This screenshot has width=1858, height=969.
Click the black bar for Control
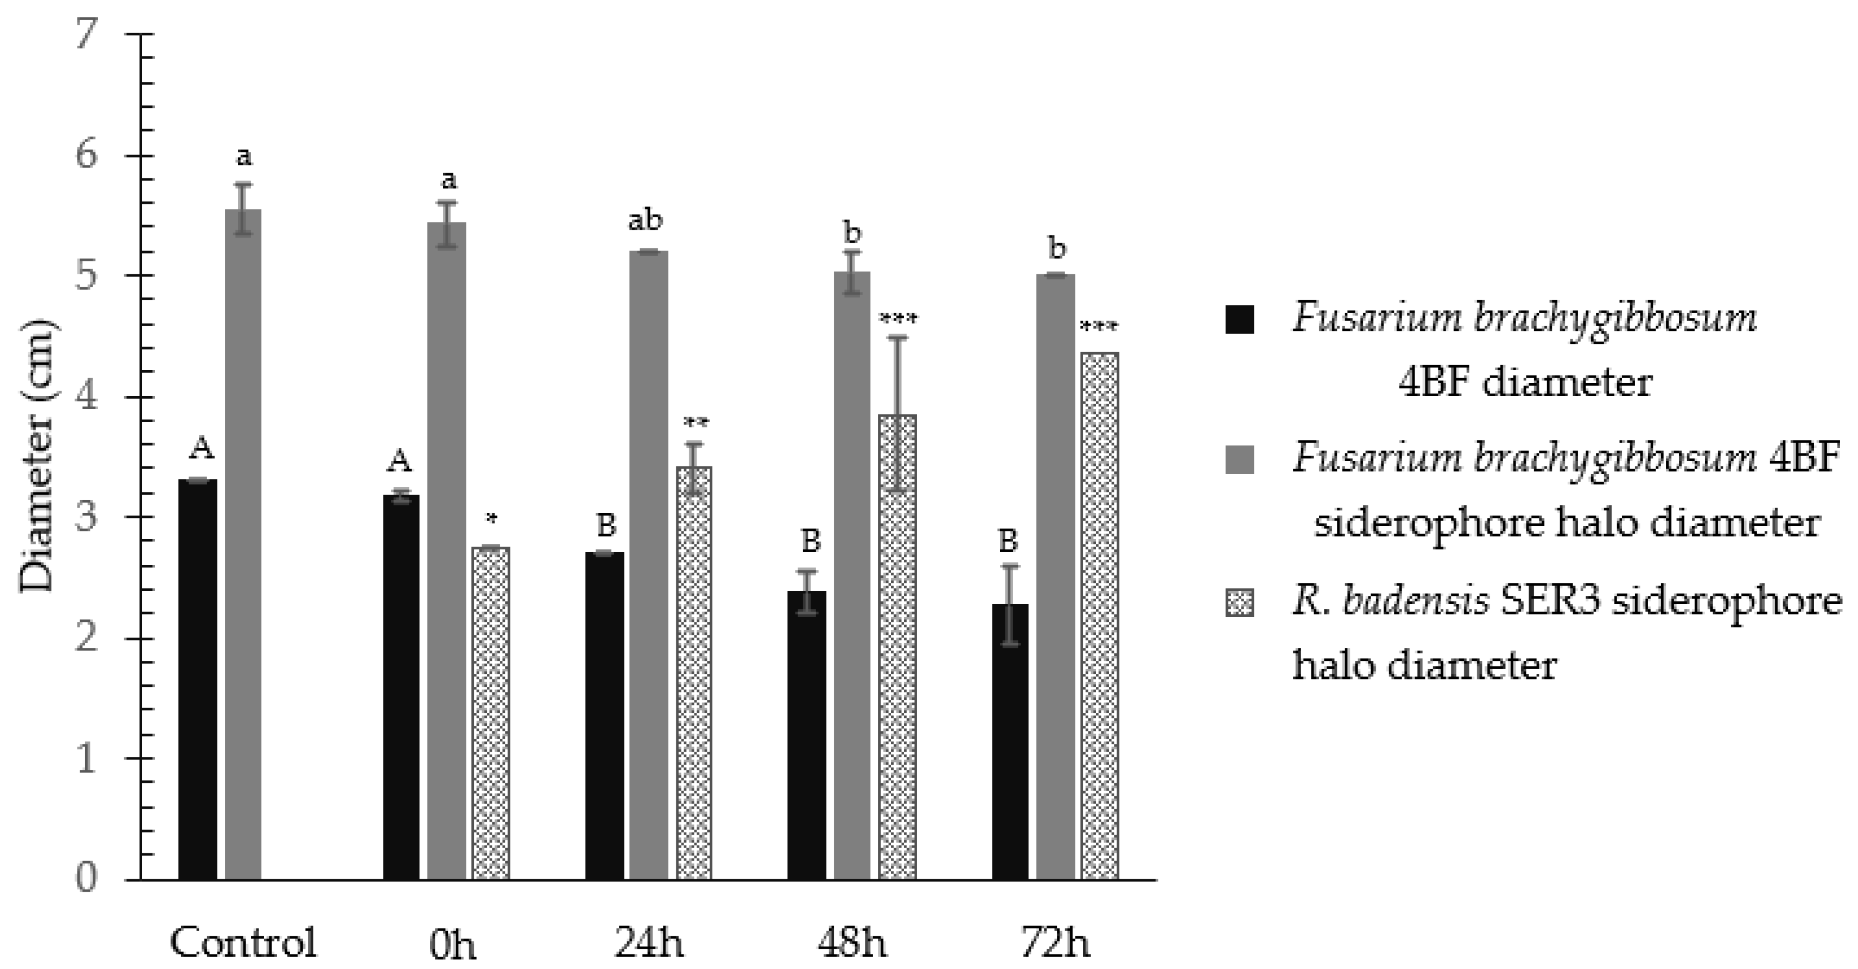tap(197, 678)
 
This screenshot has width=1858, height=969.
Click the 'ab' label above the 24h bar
tap(645, 221)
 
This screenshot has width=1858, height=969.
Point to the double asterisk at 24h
tap(695, 423)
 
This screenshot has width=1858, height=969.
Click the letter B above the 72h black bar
tap(1009, 541)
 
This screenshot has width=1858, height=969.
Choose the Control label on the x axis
tap(243, 942)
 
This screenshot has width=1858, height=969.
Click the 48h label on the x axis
tap(852, 942)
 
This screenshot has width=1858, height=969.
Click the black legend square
tap(1239, 319)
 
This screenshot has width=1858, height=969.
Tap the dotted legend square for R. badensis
tap(1239, 602)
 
